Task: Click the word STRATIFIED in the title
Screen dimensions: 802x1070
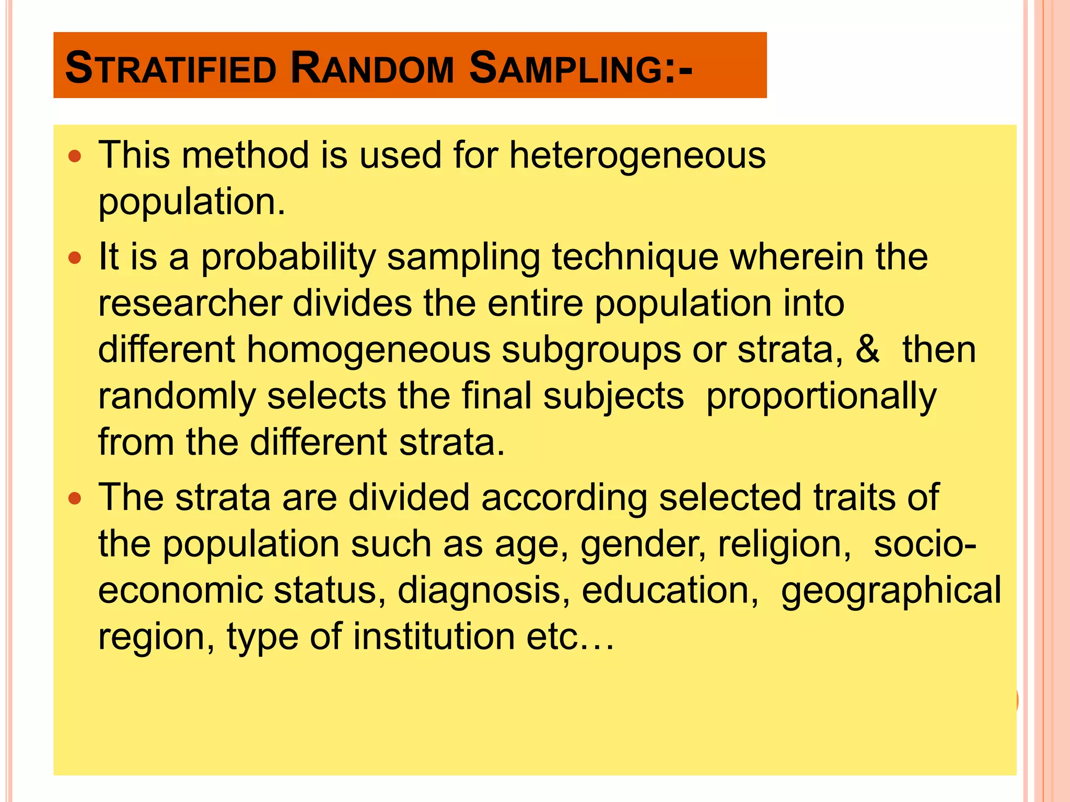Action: pyautogui.click(x=170, y=68)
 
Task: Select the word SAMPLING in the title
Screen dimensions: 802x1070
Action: pyautogui.click(x=580, y=68)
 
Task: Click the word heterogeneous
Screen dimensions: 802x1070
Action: pyautogui.click(x=637, y=156)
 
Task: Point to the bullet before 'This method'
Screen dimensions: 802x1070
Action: pyautogui.click(x=76, y=156)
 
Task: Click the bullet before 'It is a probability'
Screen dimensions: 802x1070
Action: pyautogui.click(x=76, y=257)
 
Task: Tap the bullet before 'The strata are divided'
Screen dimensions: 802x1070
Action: pyautogui.click(x=76, y=498)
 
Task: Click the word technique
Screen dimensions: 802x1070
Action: pyautogui.click(x=635, y=257)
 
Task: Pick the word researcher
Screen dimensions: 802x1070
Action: pyautogui.click(x=190, y=303)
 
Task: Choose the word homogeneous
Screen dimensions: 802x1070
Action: pyautogui.click(x=368, y=349)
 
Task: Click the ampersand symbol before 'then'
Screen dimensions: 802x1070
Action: pyautogui.click(x=867, y=349)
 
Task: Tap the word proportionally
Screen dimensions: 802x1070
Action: pyautogui.click(x=821, y=396)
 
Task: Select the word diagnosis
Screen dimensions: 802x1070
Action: pyautogui.click(x=483, y=590)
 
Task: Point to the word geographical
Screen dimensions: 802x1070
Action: pyautogui.click(x=891, y=590)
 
